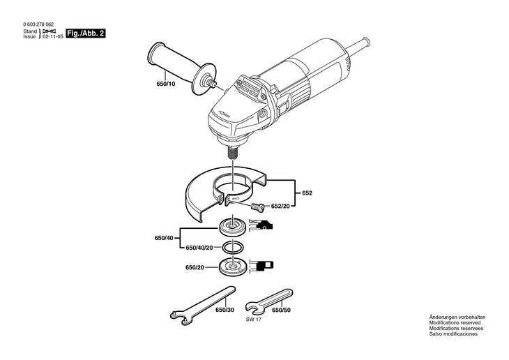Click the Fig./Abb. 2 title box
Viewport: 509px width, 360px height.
click(x=86, y=33)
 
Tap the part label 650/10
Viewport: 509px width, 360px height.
click(x=166, y=84)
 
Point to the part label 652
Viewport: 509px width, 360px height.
click(x=307, y=193)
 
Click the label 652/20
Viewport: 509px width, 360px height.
click(x=280, y=206)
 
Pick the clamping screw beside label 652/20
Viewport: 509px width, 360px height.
click(x=257, y=207)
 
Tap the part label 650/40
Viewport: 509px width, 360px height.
click(x=164, y=238)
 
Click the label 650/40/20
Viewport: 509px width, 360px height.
click(x=199, y=248)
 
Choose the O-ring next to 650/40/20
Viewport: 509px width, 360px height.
click(x=233, y=248)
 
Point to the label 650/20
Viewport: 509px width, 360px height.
click(x=195, y=267)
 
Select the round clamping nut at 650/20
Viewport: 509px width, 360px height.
click(x=233, y=267)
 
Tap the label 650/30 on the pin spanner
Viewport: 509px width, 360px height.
click(x=225, y=310)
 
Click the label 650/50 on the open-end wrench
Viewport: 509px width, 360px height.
click(x=281, y=310)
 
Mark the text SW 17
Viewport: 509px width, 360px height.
click(x=254, y=319)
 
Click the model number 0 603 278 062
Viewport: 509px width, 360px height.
click(x=38, y=24)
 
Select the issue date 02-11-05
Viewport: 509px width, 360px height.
click(x=53, y=37)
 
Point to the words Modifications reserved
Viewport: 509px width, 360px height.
click(x=455, y=322)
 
